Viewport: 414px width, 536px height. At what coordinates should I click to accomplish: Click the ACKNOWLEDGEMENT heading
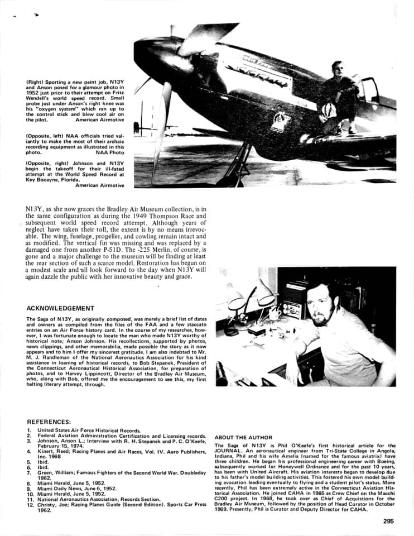coord(60,308)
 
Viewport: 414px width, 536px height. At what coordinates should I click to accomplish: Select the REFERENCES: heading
coord(49,422)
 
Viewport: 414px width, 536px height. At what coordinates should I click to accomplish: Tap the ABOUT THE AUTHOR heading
coord(243,437)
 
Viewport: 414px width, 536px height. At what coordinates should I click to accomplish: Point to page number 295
coord(389,521)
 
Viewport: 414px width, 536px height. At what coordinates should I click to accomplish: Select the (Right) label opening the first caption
coord(36,82)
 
